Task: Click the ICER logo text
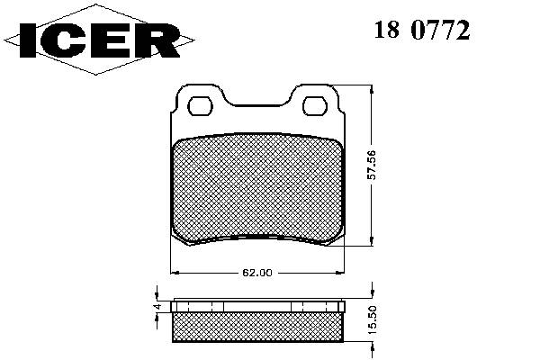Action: pyautogui.click(x=100, y=40)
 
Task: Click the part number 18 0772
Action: pyautogui.click(x=422, y=30)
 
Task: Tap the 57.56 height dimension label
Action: pyautogui.click(x=372, y=166)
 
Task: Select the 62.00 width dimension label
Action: pyautogui.click(x=257, y=273)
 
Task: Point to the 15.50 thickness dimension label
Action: pyautogui.click(x=373, y=320)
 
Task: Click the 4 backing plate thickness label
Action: pyautogui.click(x=157, y=307)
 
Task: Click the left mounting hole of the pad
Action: pyautogui.click(x=200, y=106)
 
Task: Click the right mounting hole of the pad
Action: pyautogui.click(x=315, y=106)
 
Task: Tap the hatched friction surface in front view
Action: pyautogui.click(x=257, y=188)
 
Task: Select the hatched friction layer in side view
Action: pyautogui.click(x=258, y=328)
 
